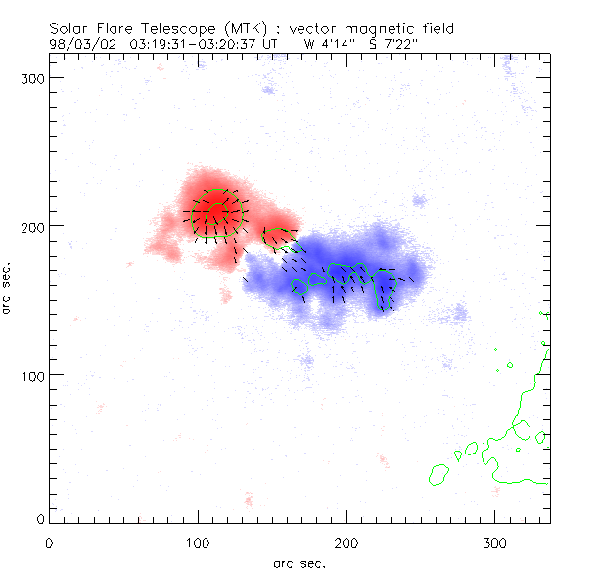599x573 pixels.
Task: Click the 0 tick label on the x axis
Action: pos(49,542)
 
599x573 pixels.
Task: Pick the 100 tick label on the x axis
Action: pos(198,542)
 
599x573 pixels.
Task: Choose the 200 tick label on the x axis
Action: pos(346,542)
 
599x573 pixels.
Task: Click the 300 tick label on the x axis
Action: pos(495,542)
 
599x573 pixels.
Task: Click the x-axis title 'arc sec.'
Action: pos(299,563)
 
